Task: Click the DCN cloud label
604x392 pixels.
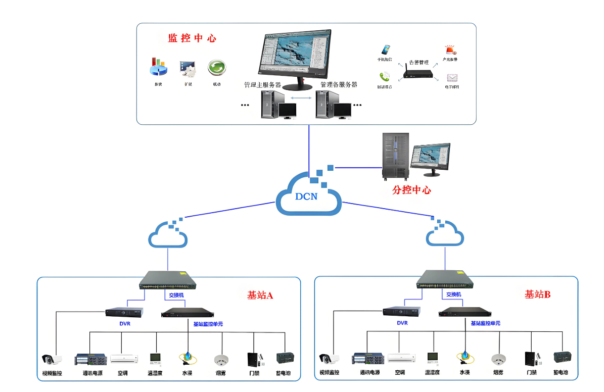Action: (x=307, y=196)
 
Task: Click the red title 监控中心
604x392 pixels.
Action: (x=192, y=38)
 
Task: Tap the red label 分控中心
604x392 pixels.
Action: (x=411, y=190)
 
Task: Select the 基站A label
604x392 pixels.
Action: (x=260, y=295)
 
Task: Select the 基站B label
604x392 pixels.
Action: (x=537, y=294)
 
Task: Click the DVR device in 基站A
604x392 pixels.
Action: (x=124, y=312)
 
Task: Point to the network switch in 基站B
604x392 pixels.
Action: (x=445, y=279)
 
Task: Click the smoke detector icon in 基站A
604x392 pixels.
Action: (x=221, y=360)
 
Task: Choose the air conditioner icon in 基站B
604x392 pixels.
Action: (x=402, y=358)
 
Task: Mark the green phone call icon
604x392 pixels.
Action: (x=385, y=77)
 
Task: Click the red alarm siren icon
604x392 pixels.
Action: (x=450, y=50)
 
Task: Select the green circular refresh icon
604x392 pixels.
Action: (x=216, y=67)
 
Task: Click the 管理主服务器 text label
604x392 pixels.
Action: (x=262, y=84)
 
